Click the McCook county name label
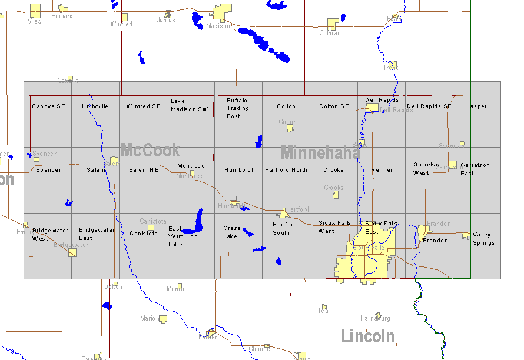pyautogui.click(x=150, y=150)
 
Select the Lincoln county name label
pyautogui.click(x=368, y=336)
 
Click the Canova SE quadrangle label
pyautogui.click(x=48, y=106)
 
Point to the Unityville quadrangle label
pyautogui.click(x=95, y=106)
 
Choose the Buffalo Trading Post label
pyautogui.click(x=238, y=108)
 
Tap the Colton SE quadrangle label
pyautogui.click(x=334, y=106)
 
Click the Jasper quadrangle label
pyautogui.click(x=477, y=106)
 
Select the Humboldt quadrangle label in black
pyautogui.click(x=239, y=170)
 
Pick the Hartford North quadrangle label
pyautogui.click(x=286, y=170)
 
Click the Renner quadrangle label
pyautogui.click(x=382, y=170)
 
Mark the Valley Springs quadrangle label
pyautogui.click(x=483, y=239)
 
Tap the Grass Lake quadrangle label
pyautogui.click(x=232, y=232)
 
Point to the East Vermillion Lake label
pyautogui.click(x=183, y=236)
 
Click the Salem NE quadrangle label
pyautogui.click(x=144, y=170)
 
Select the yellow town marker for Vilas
pyautogui.click(x=35, y=10)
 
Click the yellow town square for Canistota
pyautogui.click(x=151, y=228)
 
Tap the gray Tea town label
pyautogui.click(x=323, y=310)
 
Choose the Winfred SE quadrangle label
pyautogui.click(x=143, y=106)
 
